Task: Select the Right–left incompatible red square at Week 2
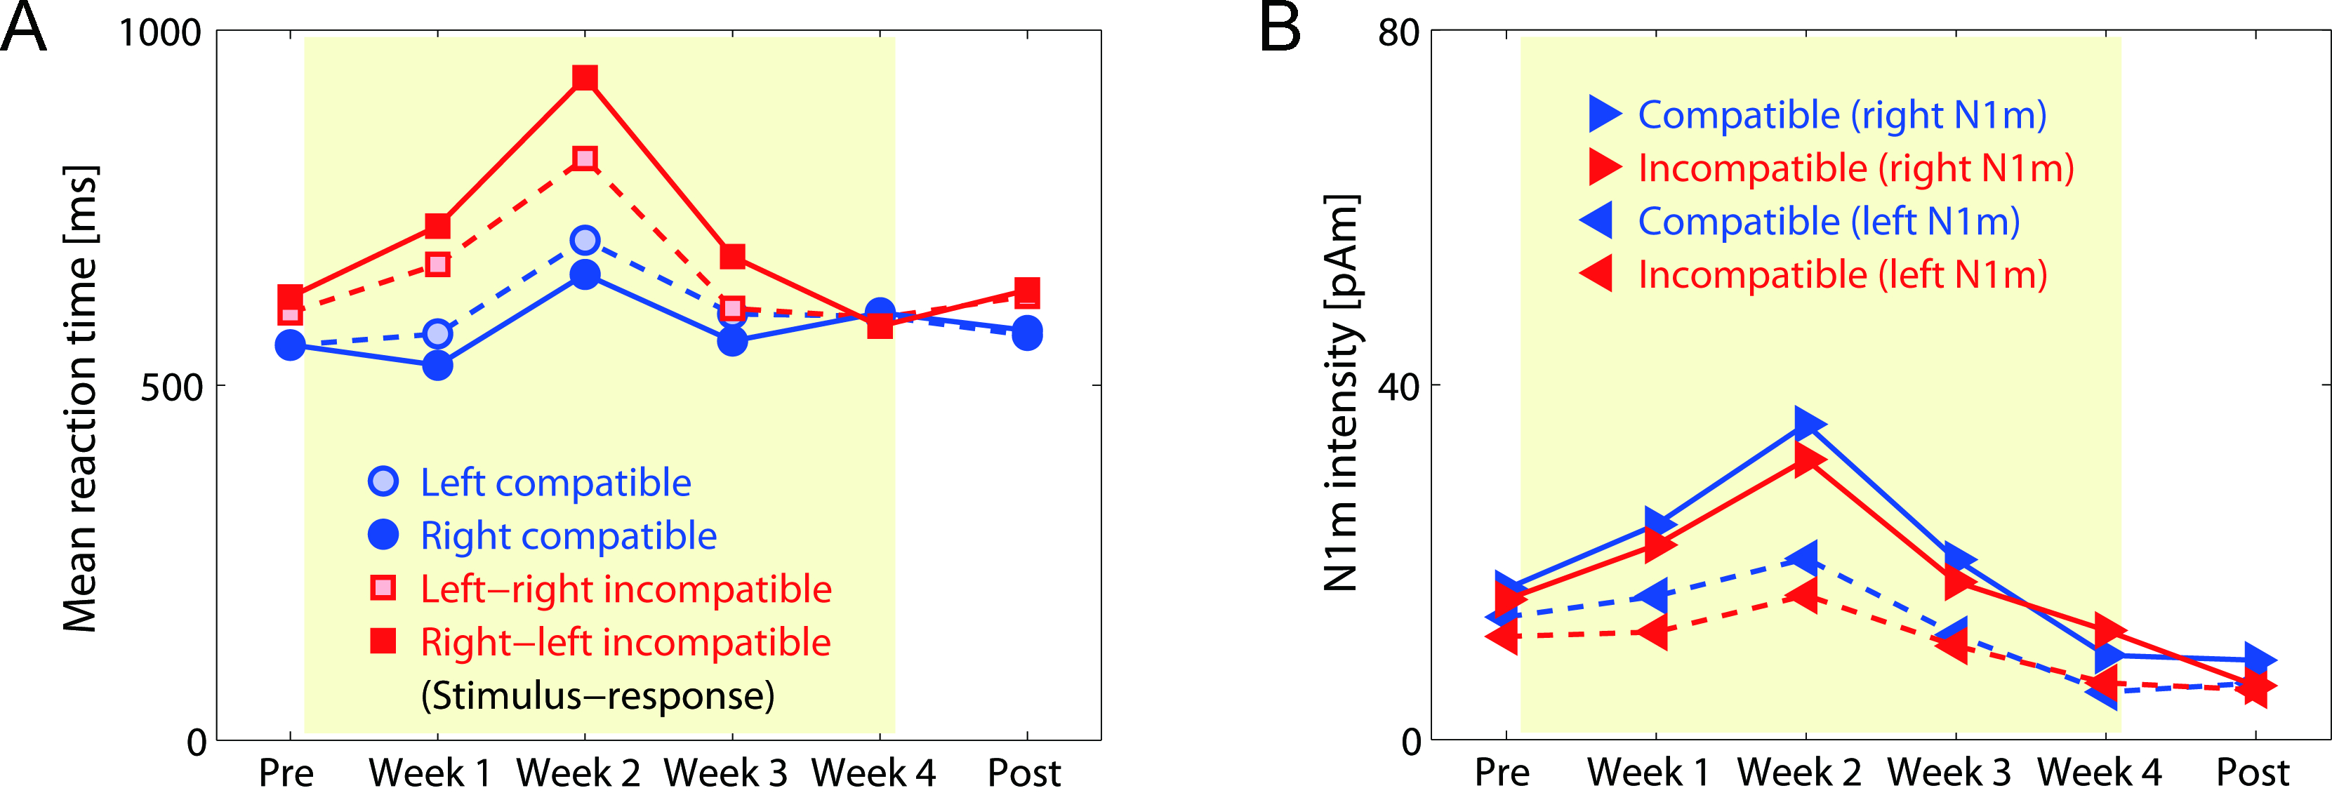[x=585, y=78]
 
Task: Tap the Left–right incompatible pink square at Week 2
[x=585, y=159]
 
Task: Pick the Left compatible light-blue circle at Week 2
[x=585, y=241]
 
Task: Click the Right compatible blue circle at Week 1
[x=437, y=366]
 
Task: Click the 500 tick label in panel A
[x=171, y=387]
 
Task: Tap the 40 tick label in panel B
[x=1398, y=387]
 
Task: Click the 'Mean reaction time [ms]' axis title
[x=79, y=398]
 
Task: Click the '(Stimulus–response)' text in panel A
[x=597, y=695]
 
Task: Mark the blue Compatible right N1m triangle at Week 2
[x=1807, y=422]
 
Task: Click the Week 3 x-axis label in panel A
[x=725, y=773]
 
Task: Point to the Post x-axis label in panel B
[x=2251, y=773]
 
